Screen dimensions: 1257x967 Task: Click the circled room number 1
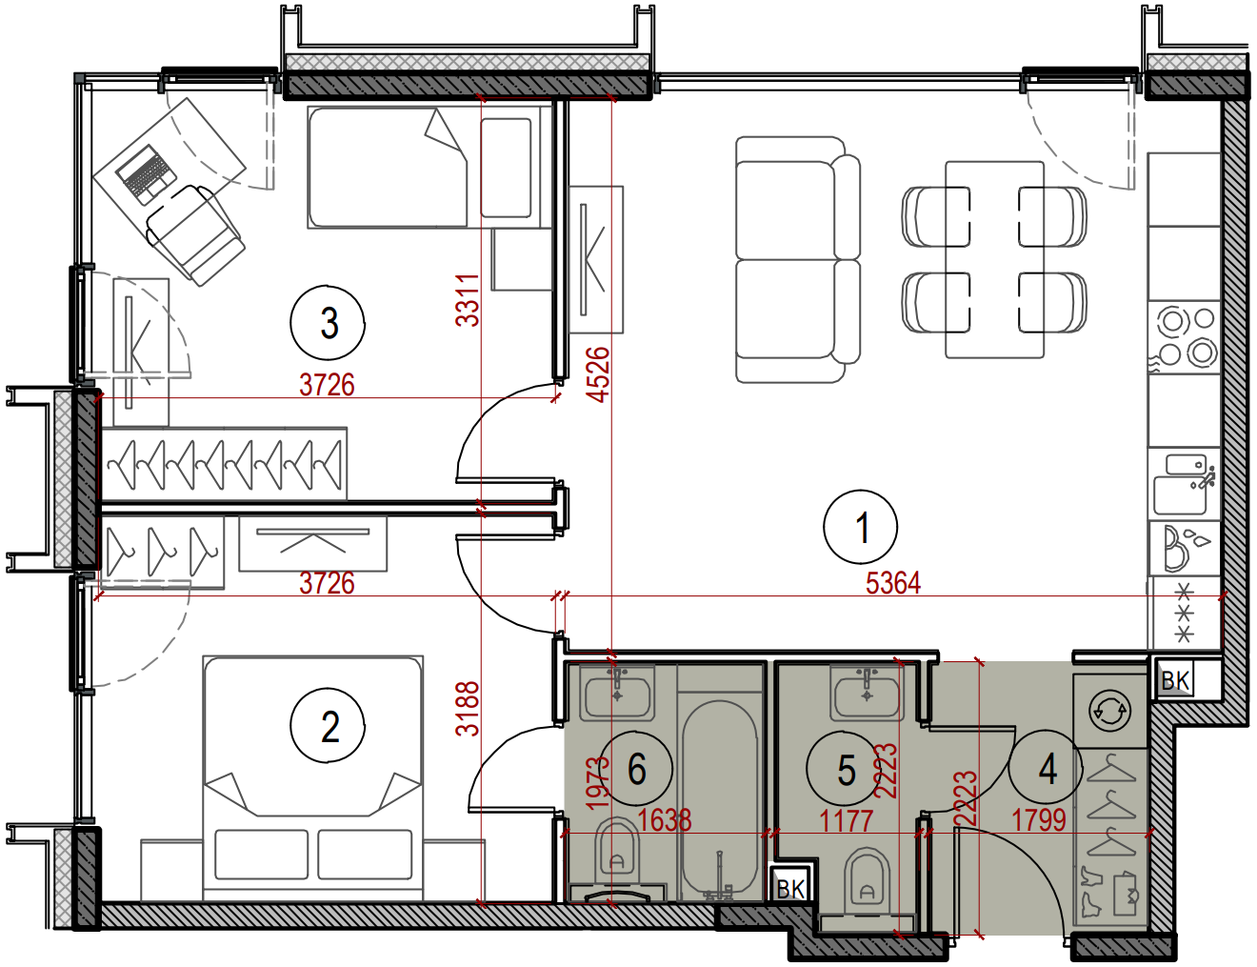(860, 527)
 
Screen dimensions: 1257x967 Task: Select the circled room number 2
(328, 727)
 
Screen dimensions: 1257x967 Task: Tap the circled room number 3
(328, 323)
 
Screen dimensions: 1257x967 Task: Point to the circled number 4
(1046, 769)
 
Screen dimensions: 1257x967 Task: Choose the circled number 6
(636, 769)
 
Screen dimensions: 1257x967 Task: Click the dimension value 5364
(892, 583)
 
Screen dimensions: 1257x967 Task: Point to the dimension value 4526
(598, 374)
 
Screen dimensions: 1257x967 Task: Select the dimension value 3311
(468, 300)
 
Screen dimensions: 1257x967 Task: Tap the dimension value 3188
(468, 709)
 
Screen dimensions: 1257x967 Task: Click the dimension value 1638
(664, 820)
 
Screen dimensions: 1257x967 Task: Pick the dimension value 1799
(1039, 820)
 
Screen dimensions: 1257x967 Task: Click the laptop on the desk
(145, 173)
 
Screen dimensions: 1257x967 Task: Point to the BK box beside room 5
(790, 888)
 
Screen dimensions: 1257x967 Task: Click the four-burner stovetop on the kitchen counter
(1184, 337)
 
